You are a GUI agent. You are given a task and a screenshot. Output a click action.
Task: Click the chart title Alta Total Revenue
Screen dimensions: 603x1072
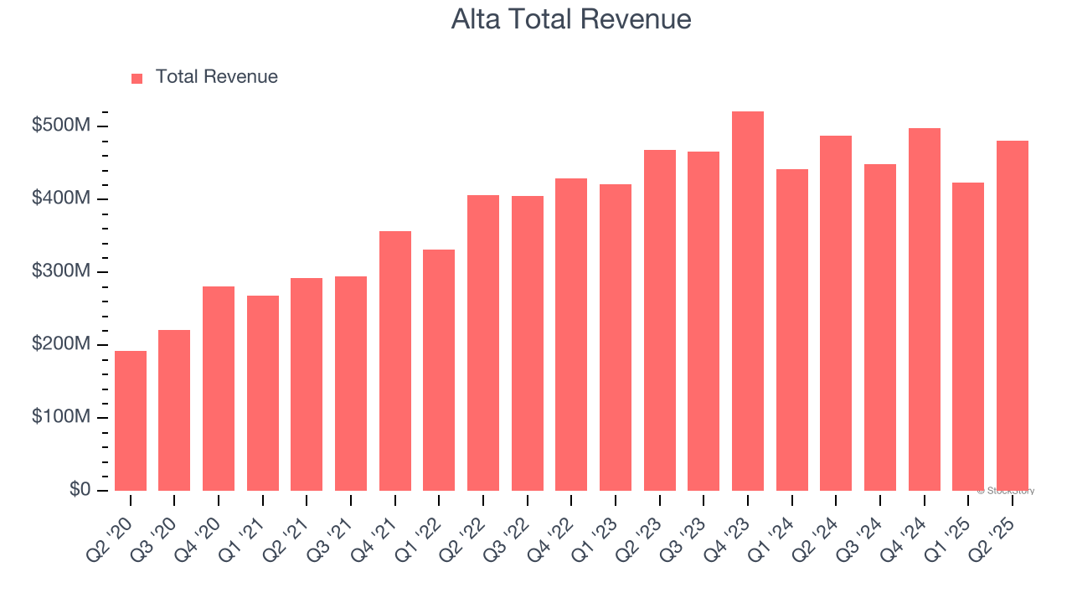(x=571, y=19)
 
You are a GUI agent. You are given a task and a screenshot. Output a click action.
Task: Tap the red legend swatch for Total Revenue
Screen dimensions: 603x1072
(x=137, y=78)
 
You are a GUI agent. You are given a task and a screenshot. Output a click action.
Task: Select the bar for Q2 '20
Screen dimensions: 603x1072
(x=131, y=420)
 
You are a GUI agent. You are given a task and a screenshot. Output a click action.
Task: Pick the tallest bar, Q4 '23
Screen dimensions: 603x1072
(x=748, y=301)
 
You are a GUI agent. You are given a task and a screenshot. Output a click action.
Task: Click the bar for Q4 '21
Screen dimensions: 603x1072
(x=395, y=361)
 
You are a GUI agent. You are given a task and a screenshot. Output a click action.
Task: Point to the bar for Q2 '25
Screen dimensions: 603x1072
(x=1013, y=316)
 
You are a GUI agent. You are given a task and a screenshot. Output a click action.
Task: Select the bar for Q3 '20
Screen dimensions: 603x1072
(x=174, y=410)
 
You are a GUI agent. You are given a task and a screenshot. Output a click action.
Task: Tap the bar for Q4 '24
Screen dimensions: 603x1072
(x=925, y=309)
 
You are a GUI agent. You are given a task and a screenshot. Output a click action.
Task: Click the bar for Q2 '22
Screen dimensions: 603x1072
(x=483, y=343)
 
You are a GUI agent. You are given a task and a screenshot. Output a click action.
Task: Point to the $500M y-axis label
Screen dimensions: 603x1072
(x=62, y=126)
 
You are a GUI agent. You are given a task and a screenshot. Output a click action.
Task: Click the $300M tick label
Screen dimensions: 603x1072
(x=62, y=271)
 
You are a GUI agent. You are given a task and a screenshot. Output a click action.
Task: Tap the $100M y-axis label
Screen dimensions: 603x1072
(x=62, y=417)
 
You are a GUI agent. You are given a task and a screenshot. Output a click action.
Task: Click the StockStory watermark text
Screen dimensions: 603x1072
(x=1006, y=491)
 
